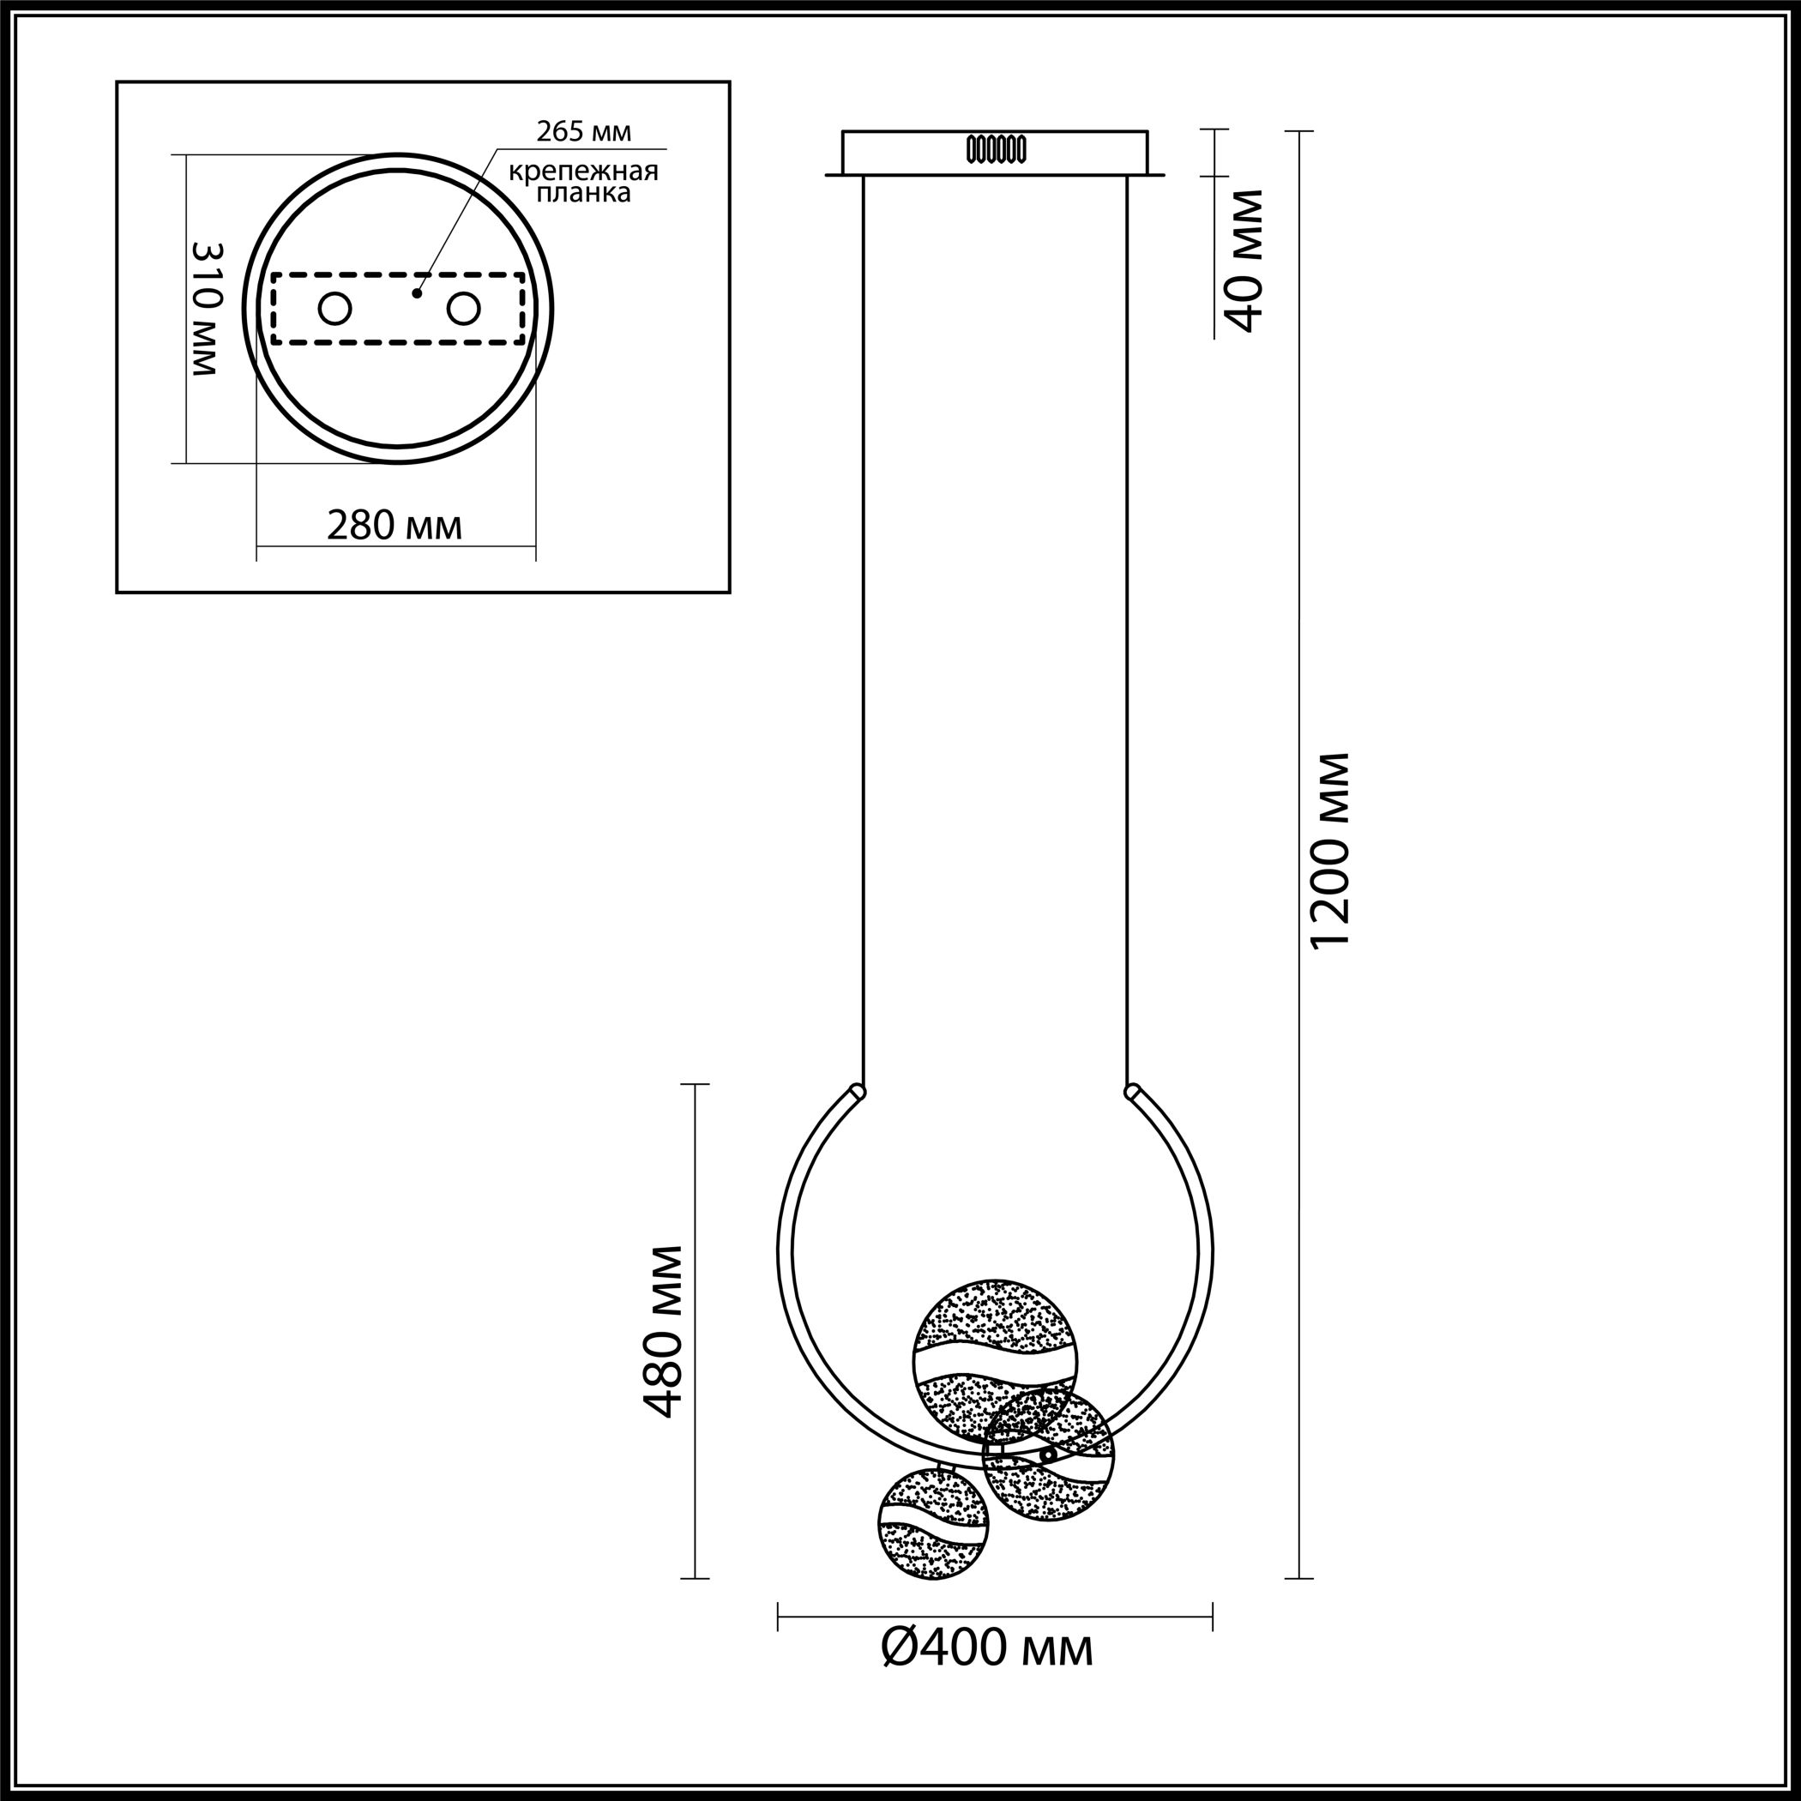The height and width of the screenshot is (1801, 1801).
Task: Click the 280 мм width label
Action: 395,526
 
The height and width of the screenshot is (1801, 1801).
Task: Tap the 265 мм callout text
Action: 583,132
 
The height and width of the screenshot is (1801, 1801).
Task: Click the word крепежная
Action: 583,172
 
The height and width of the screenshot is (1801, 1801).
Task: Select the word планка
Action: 583,194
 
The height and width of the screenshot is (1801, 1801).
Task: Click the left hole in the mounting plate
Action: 334,309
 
